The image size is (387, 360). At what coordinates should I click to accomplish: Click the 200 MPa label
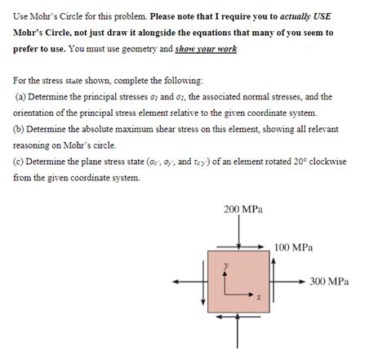(x=242, y=210)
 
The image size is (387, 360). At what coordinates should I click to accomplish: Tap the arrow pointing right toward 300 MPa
(x=291, y=282)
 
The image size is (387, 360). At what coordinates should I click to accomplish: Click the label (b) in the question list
(x=20, y=128)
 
